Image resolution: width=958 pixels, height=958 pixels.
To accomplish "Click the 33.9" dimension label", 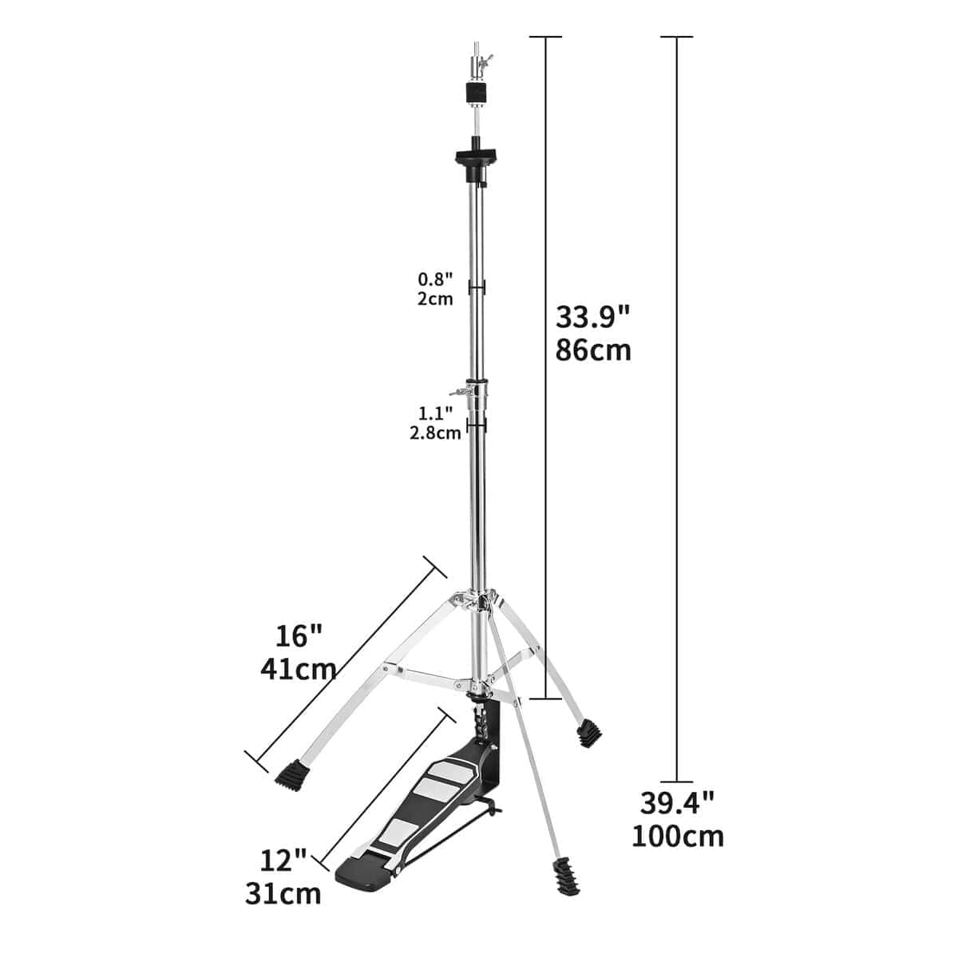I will pyautogui.click(x=593, y=317).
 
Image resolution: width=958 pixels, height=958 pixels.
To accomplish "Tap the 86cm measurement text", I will pyautogui.click(x=593, y=350).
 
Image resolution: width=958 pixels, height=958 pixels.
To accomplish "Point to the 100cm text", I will pyautogui.click(x=678, y=836).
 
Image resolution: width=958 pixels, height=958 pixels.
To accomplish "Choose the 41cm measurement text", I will pyautogui.click(x=298, y=668).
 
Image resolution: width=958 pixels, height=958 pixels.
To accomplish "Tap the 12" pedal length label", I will pyautogui.click(x=283, y=861).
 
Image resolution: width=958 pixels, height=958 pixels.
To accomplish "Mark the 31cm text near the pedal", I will pyautogui.click(x=283, y=893).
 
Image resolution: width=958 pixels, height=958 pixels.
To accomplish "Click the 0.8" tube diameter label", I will pyautogui.click(x=436, y=280).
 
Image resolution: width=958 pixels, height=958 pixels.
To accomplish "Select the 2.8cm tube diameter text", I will pyautogui.click(x=434, y=433).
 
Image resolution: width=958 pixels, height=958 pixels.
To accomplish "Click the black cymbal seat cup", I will pyautogui.click(x=476, y=153).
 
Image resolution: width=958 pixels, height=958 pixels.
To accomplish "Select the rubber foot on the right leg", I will pyautogui.click(x=589, y=733).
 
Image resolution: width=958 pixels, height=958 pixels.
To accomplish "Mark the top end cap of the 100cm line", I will pyautogui.click(x=677, y=37).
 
